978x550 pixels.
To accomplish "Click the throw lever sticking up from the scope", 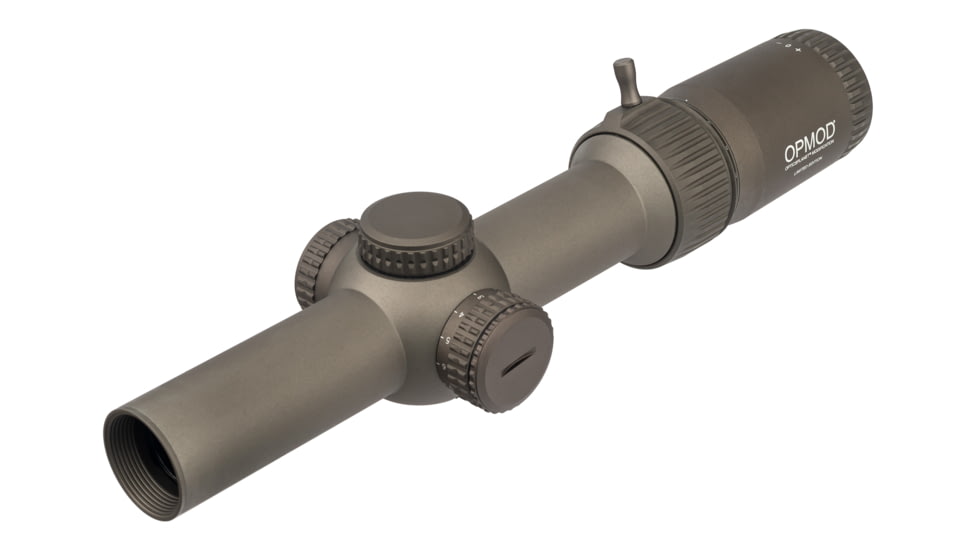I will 626,80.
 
